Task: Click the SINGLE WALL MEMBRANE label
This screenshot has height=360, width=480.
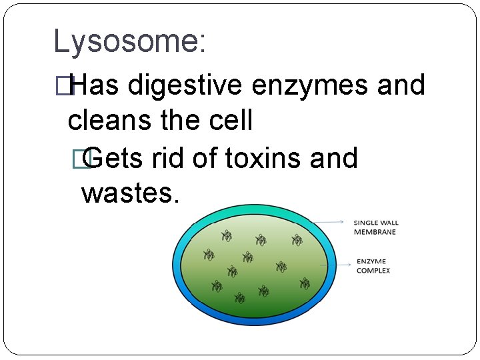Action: (375, 227)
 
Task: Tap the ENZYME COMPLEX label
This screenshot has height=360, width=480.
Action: (373, 266)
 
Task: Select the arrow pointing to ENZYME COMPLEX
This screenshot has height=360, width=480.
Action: (337, 265)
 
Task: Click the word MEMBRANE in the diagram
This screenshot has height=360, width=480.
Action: (375, 232)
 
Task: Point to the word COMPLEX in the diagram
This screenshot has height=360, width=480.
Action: (373, 271)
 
